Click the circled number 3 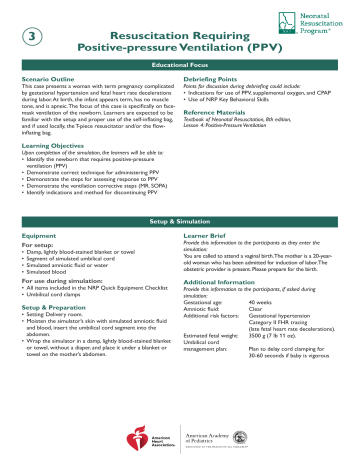tap(35, 38)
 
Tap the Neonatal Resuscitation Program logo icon tap(288, 24)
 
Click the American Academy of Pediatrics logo tap(212, 437)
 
